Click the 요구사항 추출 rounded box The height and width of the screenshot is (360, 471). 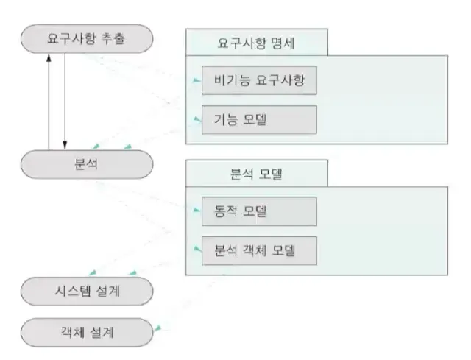point(87,39)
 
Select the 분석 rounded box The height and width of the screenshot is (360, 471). point(87,163)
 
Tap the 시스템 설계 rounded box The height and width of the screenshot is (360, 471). point(87,292)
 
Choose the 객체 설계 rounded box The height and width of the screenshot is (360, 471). point(87,333)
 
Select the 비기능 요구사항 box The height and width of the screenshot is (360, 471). point(258,81)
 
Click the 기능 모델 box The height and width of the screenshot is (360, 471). point(258,120)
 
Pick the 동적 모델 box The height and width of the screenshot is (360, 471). point(258,211)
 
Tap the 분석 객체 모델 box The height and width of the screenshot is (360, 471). point(258,250)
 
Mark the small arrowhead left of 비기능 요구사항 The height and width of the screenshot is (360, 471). point(196,80)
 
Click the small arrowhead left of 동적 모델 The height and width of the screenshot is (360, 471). point(196,211)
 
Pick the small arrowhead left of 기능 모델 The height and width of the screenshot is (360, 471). point(196,118)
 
